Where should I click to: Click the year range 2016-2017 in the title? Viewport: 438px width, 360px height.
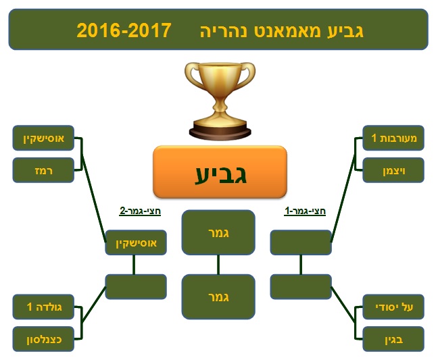point(124,30)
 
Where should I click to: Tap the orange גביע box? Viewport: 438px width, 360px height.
point(220,172)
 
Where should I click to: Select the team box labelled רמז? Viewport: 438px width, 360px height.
point(43,170)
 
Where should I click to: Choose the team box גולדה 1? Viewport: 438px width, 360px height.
point(43,307)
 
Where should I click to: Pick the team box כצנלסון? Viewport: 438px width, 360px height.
point(43,339)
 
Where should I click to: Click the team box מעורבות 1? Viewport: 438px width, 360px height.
point(393,138)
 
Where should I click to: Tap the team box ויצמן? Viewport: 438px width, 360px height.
point(393,170)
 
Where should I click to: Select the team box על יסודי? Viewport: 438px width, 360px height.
point(393,307)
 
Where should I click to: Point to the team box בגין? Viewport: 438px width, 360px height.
point(393,339)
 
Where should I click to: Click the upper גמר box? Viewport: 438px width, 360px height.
point(218,232)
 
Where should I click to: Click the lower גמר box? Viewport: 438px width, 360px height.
point(218,297)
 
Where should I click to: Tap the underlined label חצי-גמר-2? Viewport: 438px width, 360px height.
point(140,211)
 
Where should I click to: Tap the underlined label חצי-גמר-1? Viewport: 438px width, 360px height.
point(305,211)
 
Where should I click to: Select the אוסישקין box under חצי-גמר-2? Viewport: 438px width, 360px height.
point(136,242)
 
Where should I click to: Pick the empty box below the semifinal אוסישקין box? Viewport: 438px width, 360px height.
point(136,287)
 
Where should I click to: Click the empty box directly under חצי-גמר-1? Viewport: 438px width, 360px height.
point(301,242)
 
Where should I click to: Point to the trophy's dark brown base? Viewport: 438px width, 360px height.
point(220,133)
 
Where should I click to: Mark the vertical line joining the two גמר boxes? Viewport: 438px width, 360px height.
point(218,265)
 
